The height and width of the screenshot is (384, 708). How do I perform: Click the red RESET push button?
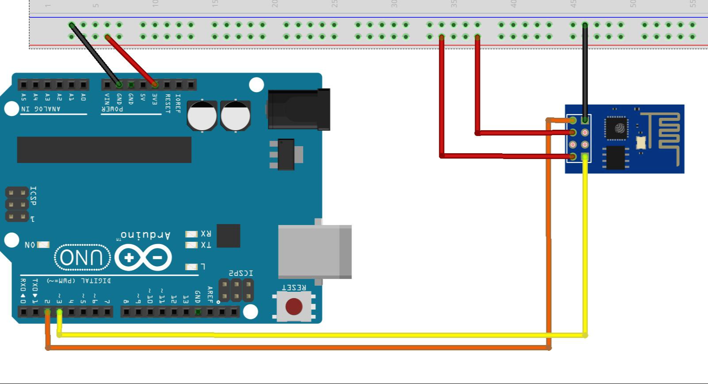294,306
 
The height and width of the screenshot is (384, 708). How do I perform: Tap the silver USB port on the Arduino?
314,252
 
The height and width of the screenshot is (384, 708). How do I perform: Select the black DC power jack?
299,109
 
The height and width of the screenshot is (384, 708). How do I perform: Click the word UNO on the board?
82,257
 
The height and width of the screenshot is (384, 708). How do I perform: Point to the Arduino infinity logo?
143,257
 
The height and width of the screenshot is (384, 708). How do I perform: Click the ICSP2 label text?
241,273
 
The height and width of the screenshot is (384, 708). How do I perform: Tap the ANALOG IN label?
41,109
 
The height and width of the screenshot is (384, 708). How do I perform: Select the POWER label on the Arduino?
112,109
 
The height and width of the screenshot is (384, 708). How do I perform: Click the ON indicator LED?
43,245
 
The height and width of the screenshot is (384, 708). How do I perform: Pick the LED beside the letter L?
191,267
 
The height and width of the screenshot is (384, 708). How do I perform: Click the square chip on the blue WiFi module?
616,128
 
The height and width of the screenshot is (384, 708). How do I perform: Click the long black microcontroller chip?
104,150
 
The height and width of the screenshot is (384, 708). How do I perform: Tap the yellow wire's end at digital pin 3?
59,312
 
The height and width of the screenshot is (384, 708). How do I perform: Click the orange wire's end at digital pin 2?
47,312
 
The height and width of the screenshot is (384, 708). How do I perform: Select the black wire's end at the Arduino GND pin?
119,84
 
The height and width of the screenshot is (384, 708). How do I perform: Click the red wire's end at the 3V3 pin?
155,84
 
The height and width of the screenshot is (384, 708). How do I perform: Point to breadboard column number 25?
335,4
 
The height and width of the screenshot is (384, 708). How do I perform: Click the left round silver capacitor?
202,116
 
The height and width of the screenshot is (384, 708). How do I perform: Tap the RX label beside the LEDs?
206,234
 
